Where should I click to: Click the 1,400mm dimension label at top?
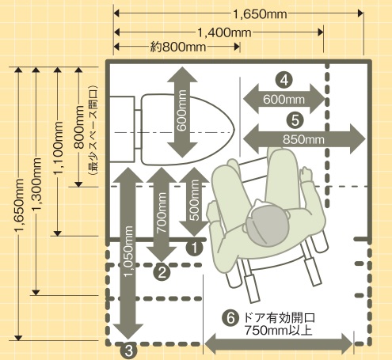224,32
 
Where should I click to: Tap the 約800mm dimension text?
178,47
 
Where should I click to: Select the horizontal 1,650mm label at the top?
260,14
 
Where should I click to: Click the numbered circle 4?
284,80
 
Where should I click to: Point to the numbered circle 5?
295,120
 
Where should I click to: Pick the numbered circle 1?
194,248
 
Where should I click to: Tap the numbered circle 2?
162,272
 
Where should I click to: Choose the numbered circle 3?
128,351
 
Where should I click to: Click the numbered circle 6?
230,318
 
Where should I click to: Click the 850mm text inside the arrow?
303,139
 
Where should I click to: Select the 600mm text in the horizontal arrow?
284,100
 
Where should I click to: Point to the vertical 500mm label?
194,200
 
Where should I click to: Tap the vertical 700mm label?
162,213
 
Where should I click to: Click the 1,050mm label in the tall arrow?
128,251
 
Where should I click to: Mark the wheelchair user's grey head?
267,224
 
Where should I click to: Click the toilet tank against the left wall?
122,129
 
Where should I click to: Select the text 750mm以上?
279,331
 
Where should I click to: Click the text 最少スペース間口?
93,131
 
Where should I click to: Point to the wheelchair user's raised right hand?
306,174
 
